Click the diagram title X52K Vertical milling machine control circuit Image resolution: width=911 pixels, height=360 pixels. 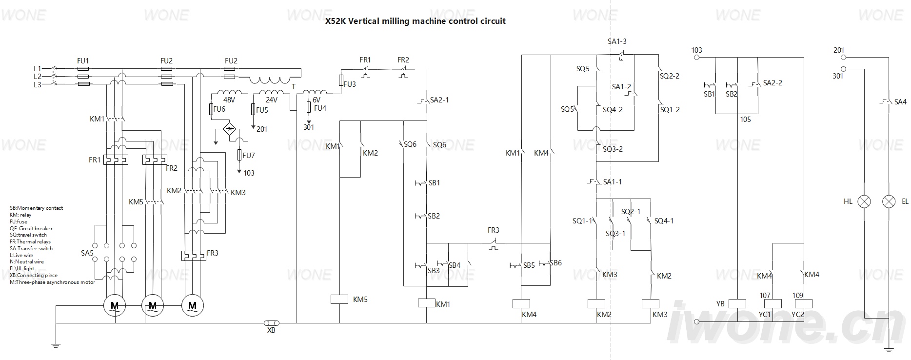pos(415,21)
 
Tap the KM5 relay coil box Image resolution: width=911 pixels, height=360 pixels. pos(339,299)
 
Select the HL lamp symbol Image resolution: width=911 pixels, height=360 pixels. pos(864,201)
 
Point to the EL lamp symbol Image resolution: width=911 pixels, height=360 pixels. pos(890,201)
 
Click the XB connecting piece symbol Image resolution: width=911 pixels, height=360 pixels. pos(271,323)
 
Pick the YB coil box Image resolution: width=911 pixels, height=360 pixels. pos(737,303)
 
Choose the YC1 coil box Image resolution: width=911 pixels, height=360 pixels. pos(772,303)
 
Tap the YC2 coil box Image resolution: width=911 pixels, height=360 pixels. pos(803,303)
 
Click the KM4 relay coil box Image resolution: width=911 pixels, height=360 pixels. pos(521,303)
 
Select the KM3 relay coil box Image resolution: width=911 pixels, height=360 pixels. pos(652,303)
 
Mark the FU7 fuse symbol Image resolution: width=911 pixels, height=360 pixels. pos(239,155)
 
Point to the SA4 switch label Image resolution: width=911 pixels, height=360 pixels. pos(900,102)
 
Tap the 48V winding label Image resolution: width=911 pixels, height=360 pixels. pos(229,100)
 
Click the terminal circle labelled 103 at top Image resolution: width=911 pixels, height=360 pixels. pos(697,58)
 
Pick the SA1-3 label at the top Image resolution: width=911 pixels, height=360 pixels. pos(617,41)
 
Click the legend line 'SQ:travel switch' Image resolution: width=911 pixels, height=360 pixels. pos(28,235)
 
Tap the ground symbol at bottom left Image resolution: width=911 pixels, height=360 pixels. pos(56,345)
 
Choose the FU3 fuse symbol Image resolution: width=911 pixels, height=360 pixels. pos(341,80)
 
